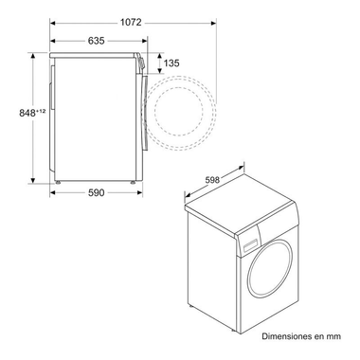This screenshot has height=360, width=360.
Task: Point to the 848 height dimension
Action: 16,113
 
